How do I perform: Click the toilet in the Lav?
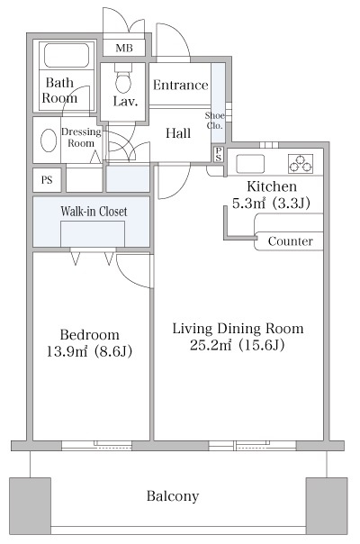pyautogui.click(x=123, y=79)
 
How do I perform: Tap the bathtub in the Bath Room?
pyautogui.click(x=67, y=55)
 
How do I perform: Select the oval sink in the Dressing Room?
pyautogui.click(x=49, y=141)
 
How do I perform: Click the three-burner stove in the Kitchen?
pyautogui.click(x=301, y=164)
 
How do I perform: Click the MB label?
pyautogui.click(x=124, y=48)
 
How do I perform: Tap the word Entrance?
pyautogui.click(x=180, y=85)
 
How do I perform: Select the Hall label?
pyautogui.click(x=178, y=133)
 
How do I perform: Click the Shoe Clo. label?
pyautogui.click(x=214, y=121)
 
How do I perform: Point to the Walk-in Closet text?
pyautogui.click(x=94, y=212)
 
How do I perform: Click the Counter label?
pyautogui.click(x=291, y=241)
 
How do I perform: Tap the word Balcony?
pyautogui.click(x=173, y=496)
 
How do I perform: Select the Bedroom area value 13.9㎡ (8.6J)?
pyautogui.click(x=89, y=352)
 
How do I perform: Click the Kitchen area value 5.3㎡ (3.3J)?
pyautogui.click(x=271, y=204)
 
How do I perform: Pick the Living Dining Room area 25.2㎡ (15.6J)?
pyautogui.click(x=238, y=345)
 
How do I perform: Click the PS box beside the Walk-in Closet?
pyautogui.click(x=47, y=180)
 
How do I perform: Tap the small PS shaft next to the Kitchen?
pyautogui.click(x=219, y=154)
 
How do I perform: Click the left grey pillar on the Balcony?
pyautogui.click(x=30, y=506)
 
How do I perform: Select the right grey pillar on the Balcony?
pyautogui.click(x=327, y=506)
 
